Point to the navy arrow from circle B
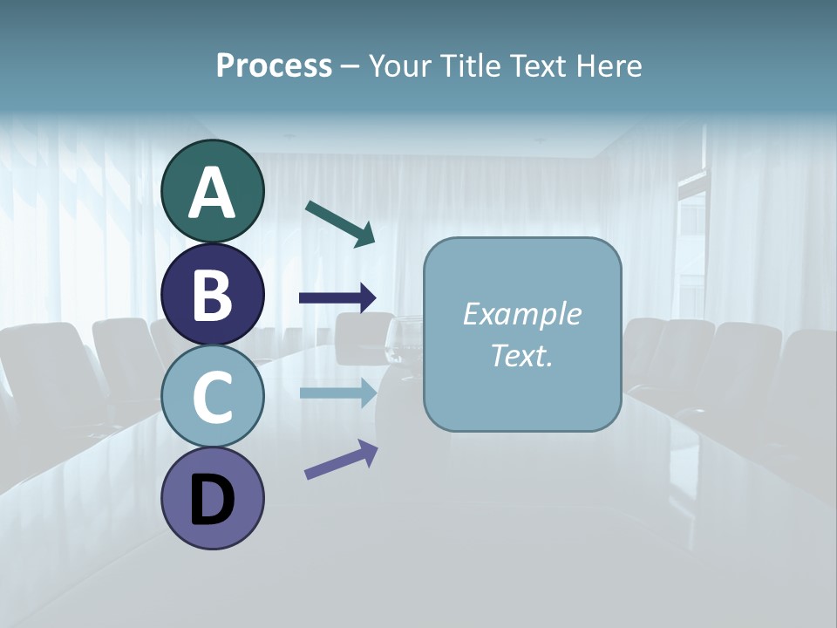point(337,298)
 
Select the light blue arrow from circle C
point(337,392)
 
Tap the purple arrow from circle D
point(341,461)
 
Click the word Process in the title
point(274,66)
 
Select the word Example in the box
point(521,314)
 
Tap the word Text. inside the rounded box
point(521,355)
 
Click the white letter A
point(213,193)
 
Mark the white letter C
point(213,397)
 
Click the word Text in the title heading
point(536,66)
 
